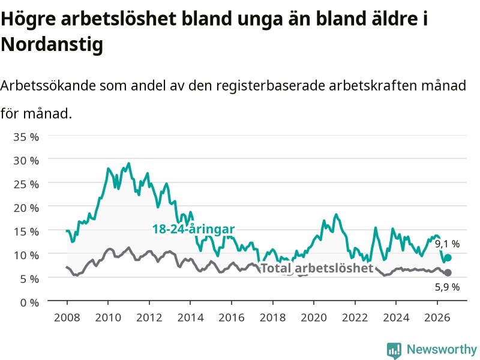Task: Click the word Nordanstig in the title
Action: [x=52, y=44]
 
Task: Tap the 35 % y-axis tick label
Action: [x=26, y=137]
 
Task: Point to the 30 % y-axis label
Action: [x=26, y=160]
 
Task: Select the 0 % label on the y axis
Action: [x=29, y=302]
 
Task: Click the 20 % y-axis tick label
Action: [x=26, y=208]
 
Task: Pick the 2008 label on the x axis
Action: [x=67, y=317]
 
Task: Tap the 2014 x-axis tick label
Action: [x=190, y=317]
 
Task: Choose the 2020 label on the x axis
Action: [x=314, y=317]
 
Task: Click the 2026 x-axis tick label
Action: [x=437, y=317]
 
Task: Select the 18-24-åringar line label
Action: [x=193, y=229]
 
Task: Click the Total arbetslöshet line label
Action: [x=317, y=268]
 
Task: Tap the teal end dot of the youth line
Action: [x=448, y=258]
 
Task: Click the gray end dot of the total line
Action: [x=448, y=272]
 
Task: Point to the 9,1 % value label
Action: [x=447, y=244]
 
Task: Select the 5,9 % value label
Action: [x=447, y=287]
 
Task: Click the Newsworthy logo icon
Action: [x=394, y=350]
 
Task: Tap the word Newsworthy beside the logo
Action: [x=442, y=349]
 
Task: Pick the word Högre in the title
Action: [x=28, y=19]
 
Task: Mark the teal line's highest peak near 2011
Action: [x=129, y=163]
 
